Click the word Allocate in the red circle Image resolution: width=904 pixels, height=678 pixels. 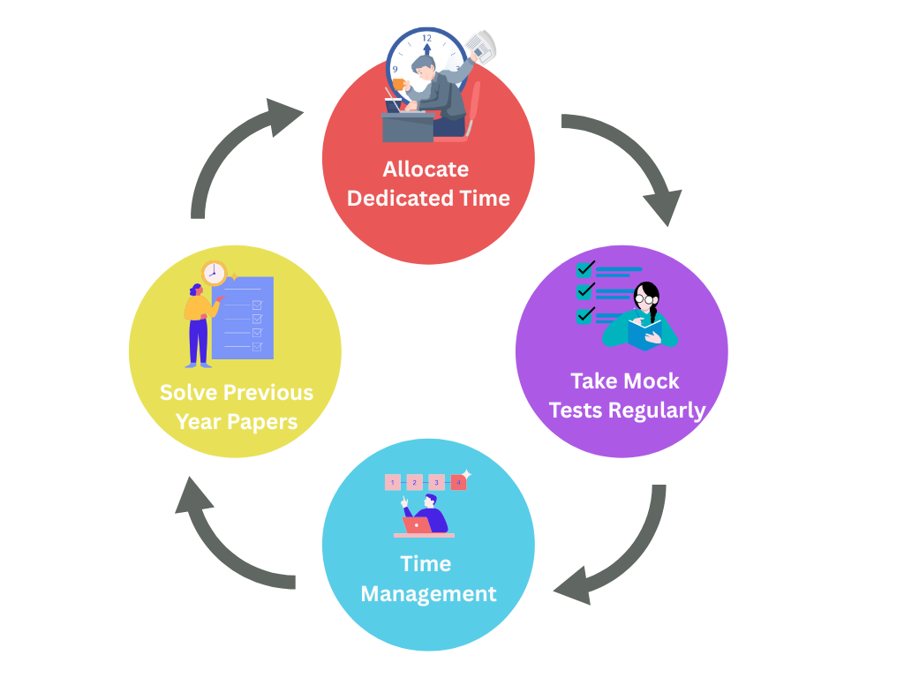(x=426, y=169)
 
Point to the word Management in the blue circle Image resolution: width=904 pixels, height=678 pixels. (x=428, y=593)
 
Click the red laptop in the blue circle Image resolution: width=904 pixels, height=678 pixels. (x=417, y=525)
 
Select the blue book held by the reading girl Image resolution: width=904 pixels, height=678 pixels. (x=644, y=334)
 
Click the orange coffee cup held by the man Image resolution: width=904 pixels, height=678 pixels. (x=398, y=85)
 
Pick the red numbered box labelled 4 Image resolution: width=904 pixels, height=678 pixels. (x=458, y=483)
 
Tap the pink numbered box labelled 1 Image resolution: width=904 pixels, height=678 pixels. (x=393, y=483)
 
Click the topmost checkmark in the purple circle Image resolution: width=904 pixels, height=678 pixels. (x=584, y=267)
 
